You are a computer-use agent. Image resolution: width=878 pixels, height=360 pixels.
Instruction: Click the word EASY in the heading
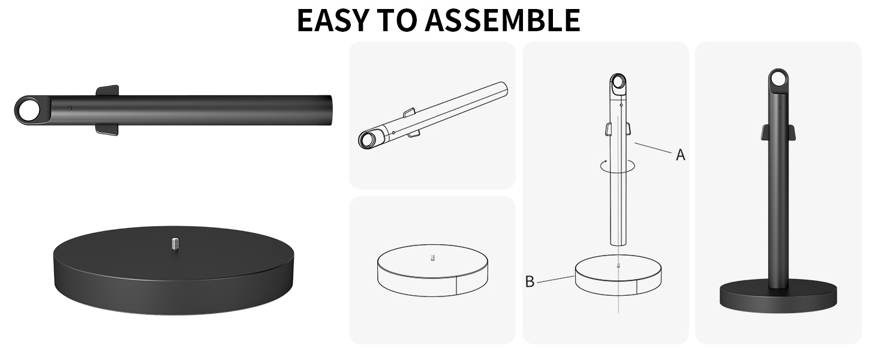333,20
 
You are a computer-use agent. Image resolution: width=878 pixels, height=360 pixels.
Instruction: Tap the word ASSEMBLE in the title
503,20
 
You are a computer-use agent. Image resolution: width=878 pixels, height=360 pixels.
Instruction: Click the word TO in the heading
396,20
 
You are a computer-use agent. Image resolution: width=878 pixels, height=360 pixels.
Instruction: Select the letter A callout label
681,155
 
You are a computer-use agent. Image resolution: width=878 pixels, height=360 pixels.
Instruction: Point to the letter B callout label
530,281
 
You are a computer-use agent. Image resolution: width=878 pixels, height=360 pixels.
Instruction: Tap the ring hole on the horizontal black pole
28,110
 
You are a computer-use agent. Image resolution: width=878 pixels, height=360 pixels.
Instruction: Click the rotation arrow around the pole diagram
618,166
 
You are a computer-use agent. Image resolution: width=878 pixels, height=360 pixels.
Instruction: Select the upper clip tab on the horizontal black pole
107,90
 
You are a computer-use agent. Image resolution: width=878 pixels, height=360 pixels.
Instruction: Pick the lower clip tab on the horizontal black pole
107,130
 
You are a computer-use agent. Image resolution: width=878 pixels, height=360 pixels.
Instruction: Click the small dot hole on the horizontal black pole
70,108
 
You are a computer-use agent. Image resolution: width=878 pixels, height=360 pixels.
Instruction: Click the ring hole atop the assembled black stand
778,79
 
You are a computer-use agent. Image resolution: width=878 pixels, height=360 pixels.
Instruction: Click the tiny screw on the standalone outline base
433,257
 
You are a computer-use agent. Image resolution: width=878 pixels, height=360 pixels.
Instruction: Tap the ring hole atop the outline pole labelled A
618,83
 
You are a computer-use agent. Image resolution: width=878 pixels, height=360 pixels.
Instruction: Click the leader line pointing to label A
653,148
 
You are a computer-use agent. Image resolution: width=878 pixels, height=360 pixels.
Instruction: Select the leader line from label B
556,279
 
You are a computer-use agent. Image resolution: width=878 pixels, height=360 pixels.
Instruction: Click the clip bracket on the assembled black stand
778,132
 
